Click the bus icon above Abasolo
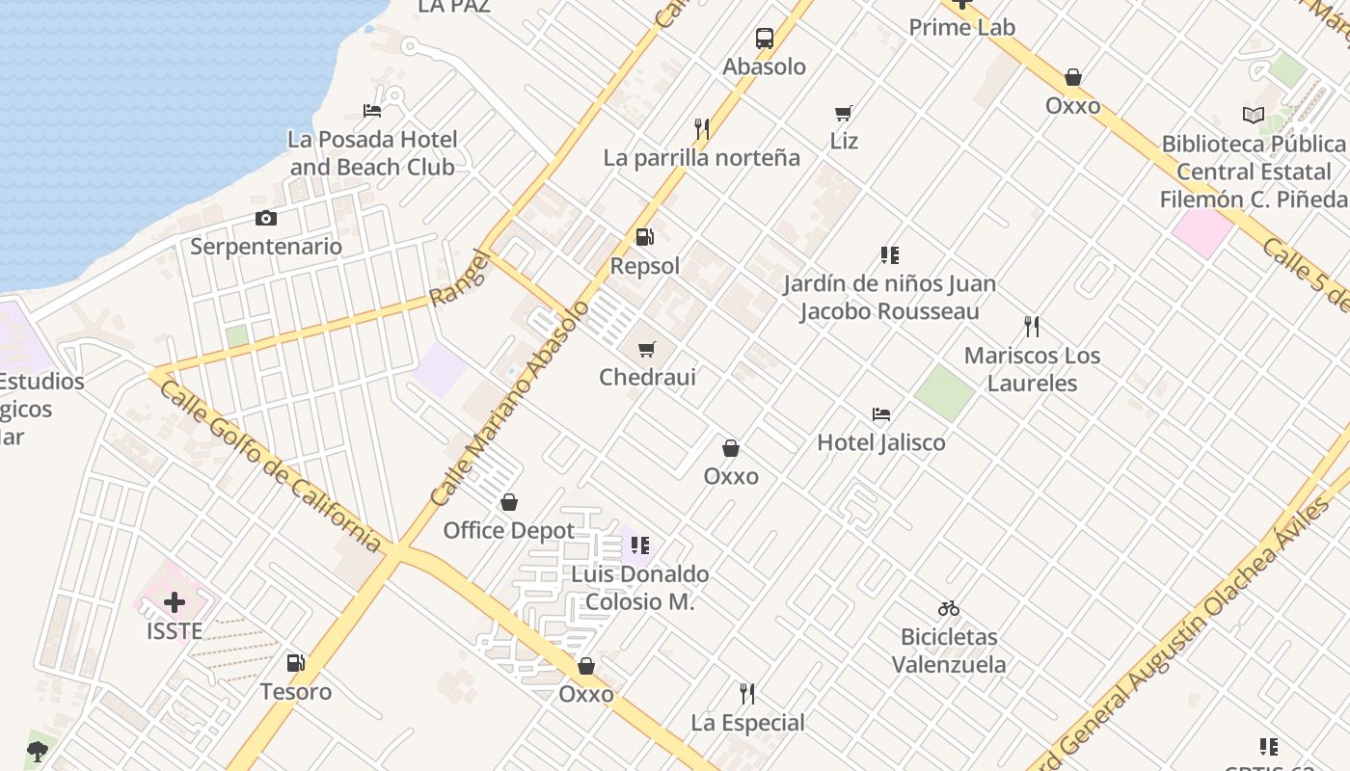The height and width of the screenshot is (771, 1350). (x=765, y=39)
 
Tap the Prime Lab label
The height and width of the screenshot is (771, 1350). (x=961, y=27)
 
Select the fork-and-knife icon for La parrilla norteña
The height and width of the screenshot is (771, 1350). (x=702, y=128)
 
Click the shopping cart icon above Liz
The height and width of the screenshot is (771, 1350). (x=844, y=113)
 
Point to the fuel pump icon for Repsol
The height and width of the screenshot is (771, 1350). (x=644, y=237)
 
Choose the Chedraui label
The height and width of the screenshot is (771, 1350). (x=647, y=377)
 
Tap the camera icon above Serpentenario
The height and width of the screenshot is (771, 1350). (x=266, y=219)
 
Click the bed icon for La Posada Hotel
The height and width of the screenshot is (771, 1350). (x=372, y=111)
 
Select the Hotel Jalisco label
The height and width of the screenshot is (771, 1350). (x=880, y=442)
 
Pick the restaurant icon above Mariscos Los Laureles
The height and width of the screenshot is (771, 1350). (x=1032, y=327)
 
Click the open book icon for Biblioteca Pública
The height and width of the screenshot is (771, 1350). (x=1253, y=116)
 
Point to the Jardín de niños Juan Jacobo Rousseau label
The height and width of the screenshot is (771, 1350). (x=889, y=298)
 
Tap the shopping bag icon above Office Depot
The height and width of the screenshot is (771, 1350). (x=509, y=502)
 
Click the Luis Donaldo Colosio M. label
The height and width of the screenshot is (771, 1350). (x=639, y=588)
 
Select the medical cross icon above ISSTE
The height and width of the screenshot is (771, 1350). (x=175, y=603)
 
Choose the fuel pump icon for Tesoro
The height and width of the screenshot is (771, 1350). (x=295, y=663)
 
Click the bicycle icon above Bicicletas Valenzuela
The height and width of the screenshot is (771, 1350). (x=949, y=608)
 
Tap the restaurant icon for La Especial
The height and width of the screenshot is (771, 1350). (x=746, y=693)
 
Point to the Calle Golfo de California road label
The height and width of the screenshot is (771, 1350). (x=269, y=465)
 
